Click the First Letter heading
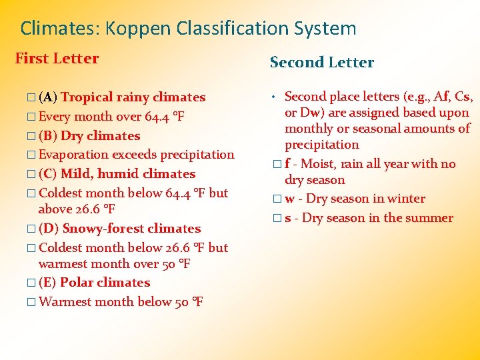pos(57,59)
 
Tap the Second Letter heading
pos(321,63)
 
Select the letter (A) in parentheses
pos(47,97)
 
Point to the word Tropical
pos(87,97)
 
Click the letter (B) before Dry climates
pos(47,136)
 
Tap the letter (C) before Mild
pos(47,174)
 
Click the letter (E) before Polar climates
pos(47,283)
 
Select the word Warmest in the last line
pos(65,302)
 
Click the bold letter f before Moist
pos(287,164)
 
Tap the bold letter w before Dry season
pos(290,199)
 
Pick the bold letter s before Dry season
pos(288,218)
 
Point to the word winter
pos(406,199)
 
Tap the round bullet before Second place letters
pos(274,97)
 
